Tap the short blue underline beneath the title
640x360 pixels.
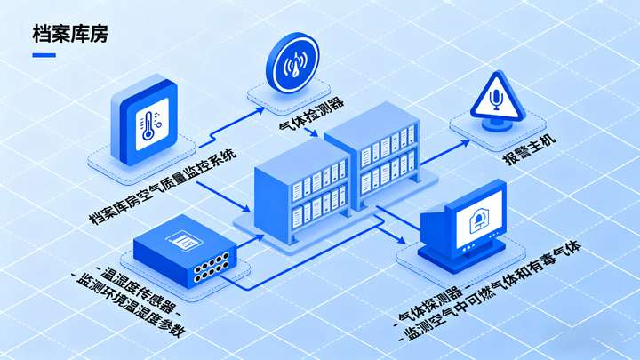click(x=44, y=55)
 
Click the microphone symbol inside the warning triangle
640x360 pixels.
click(x=495, y=100)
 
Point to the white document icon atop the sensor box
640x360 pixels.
click(x=185, y=239)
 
